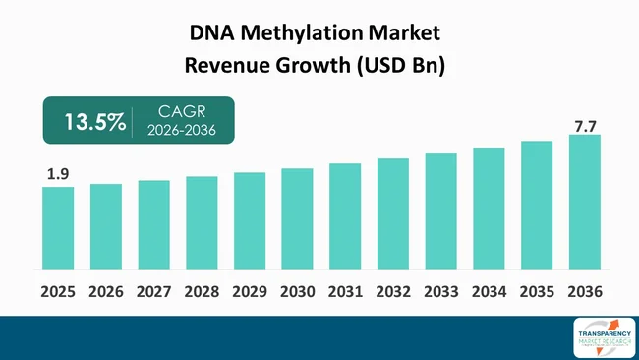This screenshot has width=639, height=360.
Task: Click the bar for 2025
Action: (58, 227)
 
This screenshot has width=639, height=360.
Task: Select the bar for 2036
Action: (584, 202)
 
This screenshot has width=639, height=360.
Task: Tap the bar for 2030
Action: (297, 218)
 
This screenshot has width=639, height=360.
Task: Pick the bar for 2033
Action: (440, 210)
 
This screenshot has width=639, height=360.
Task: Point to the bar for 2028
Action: (202, 222)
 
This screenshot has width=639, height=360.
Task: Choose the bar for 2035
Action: (536, 205)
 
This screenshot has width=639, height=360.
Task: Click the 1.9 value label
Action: (57, 174)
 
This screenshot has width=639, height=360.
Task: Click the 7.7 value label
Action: (584, 124)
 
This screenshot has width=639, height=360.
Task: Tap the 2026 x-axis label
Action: (106, 292)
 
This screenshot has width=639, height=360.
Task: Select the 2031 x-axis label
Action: (345, 292)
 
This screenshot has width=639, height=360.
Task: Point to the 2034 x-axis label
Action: (489, 292)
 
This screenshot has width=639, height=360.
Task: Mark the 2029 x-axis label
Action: (250, 292)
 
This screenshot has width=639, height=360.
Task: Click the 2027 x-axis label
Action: (153, 292)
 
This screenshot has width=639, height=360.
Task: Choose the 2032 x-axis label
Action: (392, 292)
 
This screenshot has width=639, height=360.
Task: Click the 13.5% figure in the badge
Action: (94, 122)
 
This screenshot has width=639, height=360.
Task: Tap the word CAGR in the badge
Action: (179, 113)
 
